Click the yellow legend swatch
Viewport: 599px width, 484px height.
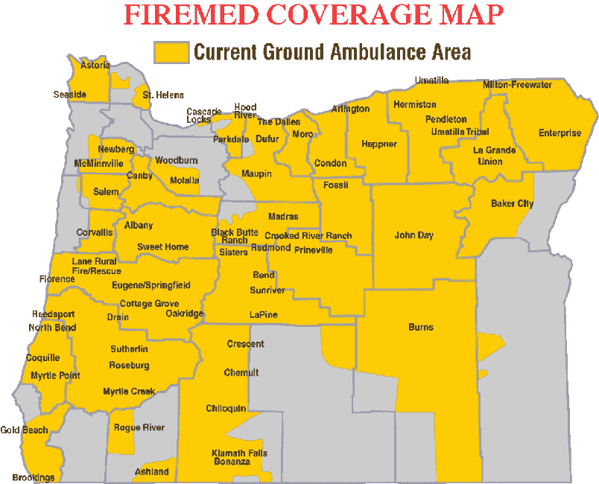171,51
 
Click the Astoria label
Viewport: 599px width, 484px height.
95,65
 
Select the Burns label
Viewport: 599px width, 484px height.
421,327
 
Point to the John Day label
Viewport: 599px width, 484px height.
414,235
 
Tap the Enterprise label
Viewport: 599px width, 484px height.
560,133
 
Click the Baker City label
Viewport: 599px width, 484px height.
512,203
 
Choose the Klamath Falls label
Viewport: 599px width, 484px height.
239,453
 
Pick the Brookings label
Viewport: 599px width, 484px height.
34,477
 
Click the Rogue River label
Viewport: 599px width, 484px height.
139,427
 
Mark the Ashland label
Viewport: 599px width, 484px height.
151,472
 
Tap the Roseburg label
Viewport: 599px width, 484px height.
129,365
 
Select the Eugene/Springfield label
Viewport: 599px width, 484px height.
151,285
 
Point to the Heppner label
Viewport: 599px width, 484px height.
378,144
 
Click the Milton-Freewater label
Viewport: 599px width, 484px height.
517,85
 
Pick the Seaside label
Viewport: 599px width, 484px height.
70,95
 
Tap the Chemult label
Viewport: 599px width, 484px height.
241,372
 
